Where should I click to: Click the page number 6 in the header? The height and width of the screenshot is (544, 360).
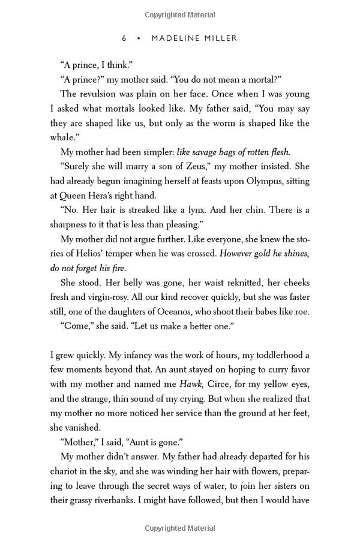click(x=124, y=38)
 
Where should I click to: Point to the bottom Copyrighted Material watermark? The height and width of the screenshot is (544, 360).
click(x=180, y=528)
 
